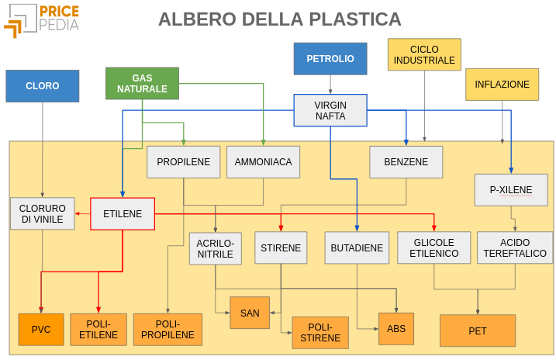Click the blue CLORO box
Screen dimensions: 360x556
click(43, 86)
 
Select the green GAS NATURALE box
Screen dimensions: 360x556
click(142, 84)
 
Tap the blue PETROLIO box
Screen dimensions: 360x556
click(330, 59)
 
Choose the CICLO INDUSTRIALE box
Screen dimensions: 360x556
click(424, 54)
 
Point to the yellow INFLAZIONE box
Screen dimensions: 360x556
click(502, 85)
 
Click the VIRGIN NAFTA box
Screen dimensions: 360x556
click(330, 110)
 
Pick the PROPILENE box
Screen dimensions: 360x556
click(184, 162)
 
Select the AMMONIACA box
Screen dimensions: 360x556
click(263, 162)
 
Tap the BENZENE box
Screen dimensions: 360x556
click(406, 162)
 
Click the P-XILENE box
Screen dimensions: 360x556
click(511, 189)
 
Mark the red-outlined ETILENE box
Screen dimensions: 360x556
click(123, 214)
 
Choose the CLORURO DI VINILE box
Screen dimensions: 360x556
click(42, 213)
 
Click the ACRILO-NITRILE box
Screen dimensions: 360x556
click(216, 248)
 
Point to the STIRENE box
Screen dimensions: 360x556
click(280, 248)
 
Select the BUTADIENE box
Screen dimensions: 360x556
click(357, 248)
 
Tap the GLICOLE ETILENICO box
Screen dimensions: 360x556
click(433, 248)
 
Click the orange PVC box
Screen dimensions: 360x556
click(41, 330)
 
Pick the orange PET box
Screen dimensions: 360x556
click(478, 331)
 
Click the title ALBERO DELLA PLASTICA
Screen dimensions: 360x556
click(280, 19)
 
